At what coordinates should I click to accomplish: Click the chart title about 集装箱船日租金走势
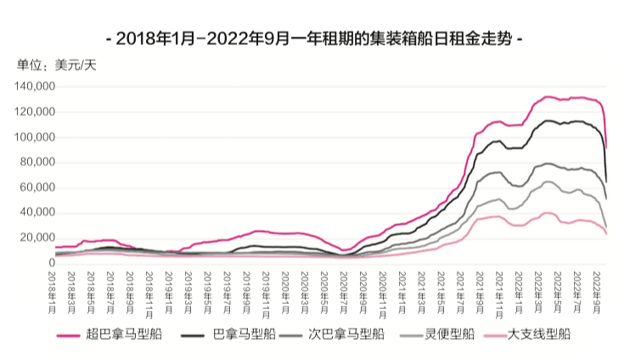pyautogui.click(x=315, y=39)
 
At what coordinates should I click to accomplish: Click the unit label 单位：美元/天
pyautogui.click(x=57, y=65)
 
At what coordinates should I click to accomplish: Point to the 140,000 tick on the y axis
pyautogui.click(x=35, y=87)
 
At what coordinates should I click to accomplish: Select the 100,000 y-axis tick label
pyautogui.click(x=35, y=138)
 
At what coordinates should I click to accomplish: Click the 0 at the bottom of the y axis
pyautogui.click(x=51, y=263)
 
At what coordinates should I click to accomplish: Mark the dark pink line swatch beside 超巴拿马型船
pyautogui.click(x=72, y=335)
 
